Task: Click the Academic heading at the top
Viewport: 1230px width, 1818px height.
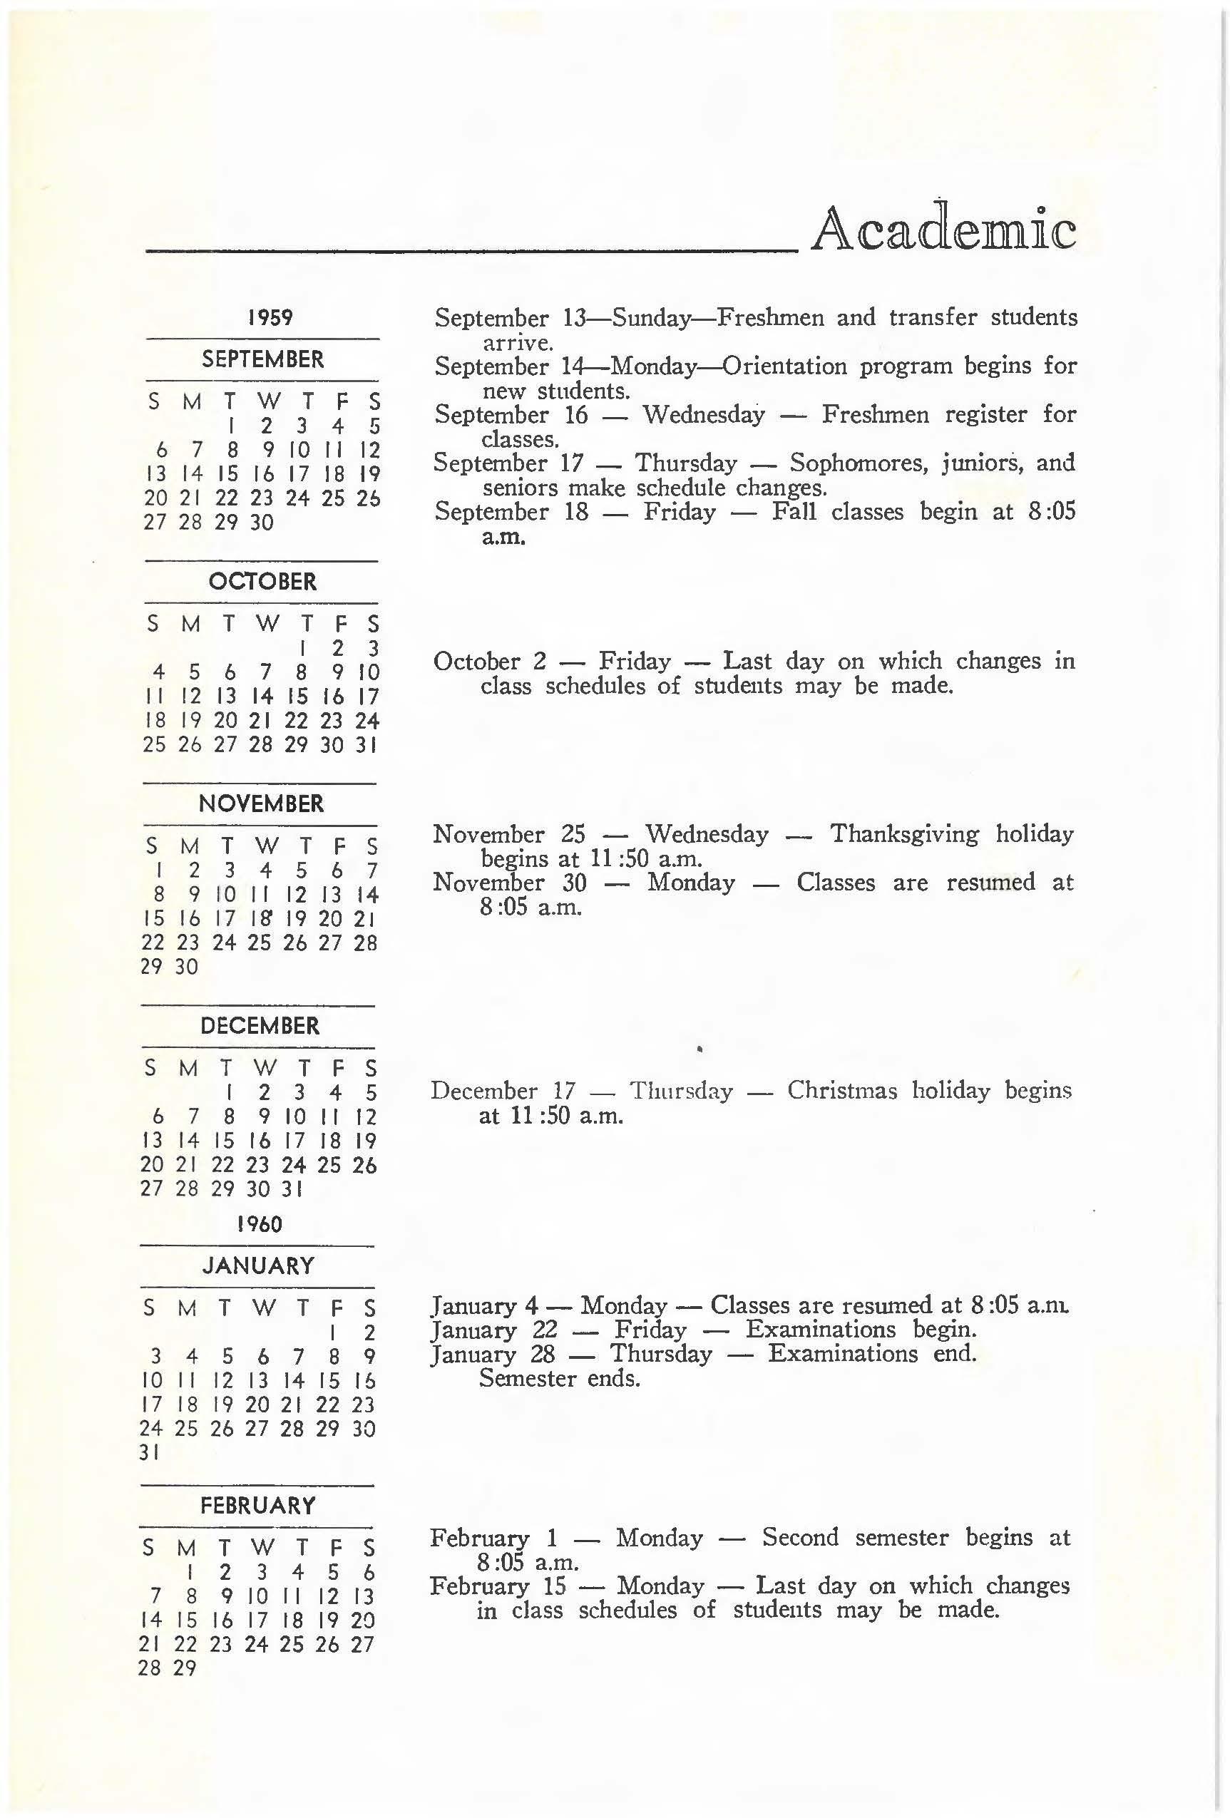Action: [x=943, y=230]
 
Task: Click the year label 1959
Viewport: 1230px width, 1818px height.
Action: [x=270, y=317]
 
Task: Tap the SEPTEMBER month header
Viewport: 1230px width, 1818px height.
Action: [x=263, y=360]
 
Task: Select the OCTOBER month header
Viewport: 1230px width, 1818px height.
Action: [x=263, y=582]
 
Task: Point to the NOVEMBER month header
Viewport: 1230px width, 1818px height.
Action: [x=262, y=804]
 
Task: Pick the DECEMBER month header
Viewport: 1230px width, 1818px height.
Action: [x=260, y=1027]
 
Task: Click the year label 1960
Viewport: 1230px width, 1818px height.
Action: [x=259, y=1224]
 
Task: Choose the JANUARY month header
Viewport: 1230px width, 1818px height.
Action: [x=259, y=1265]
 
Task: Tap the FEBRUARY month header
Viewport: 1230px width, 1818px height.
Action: [x=258, y=1506]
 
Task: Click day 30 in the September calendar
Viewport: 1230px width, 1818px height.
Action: [x=262, y=523]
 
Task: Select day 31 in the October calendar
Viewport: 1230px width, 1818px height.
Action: [x=367, y=745]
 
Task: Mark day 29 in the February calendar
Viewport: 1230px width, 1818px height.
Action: [x=185, y=1668]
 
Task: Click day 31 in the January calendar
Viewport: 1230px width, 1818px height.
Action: [x=150, y=1453]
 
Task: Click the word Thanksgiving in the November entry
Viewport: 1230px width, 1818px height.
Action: [x=905, y=834]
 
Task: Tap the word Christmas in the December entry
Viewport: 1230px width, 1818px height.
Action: [x=842, y=1091]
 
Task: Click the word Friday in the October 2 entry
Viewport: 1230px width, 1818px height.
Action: [x=635, y=662]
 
